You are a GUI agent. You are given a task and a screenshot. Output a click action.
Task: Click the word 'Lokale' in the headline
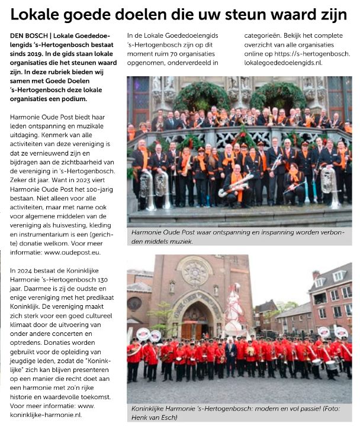pos(37,15)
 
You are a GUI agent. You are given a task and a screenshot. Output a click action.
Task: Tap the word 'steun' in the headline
pos(257,15)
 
